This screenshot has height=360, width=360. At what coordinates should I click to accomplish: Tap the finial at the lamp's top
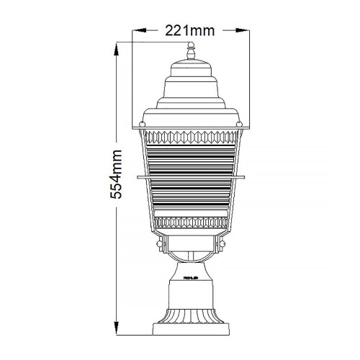point(191,52)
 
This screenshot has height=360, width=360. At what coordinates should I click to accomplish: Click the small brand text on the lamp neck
point(192,275)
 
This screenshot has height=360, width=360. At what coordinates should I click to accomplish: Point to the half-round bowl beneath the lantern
point(191,252)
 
